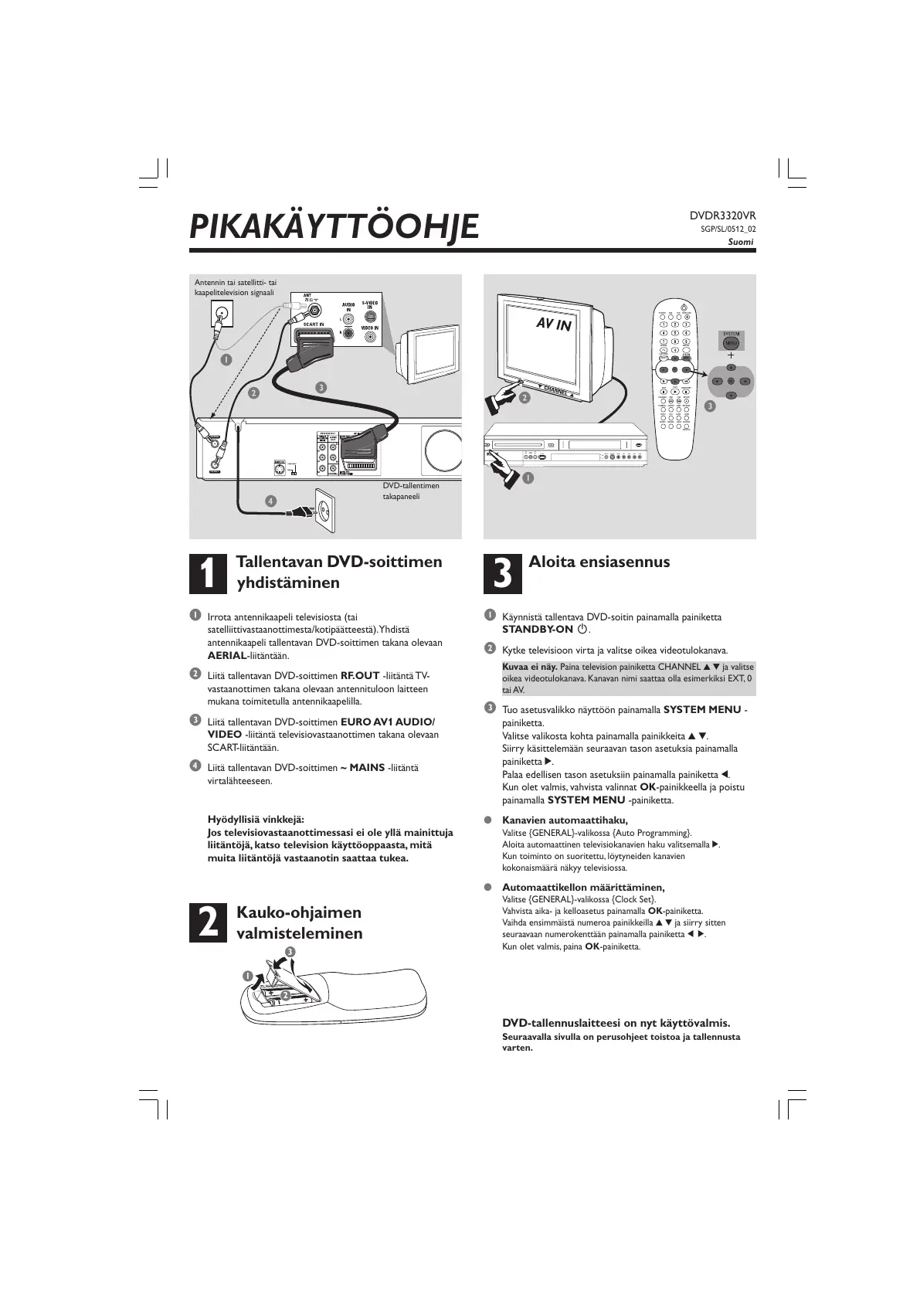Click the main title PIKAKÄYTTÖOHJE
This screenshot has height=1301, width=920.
tap(334, 226)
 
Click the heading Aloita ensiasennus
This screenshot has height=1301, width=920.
tap(599, 562)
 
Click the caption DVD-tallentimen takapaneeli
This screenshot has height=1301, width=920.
tap(411, 491)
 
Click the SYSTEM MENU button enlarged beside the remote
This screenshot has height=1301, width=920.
tap(730, 341)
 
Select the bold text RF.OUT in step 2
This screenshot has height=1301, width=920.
tap(360, 675)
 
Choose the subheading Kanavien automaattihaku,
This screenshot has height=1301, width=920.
tap(565, 820)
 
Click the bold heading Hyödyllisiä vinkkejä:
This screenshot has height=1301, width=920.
tap(256, 819)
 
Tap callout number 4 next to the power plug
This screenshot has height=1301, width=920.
tap(270, 501)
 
